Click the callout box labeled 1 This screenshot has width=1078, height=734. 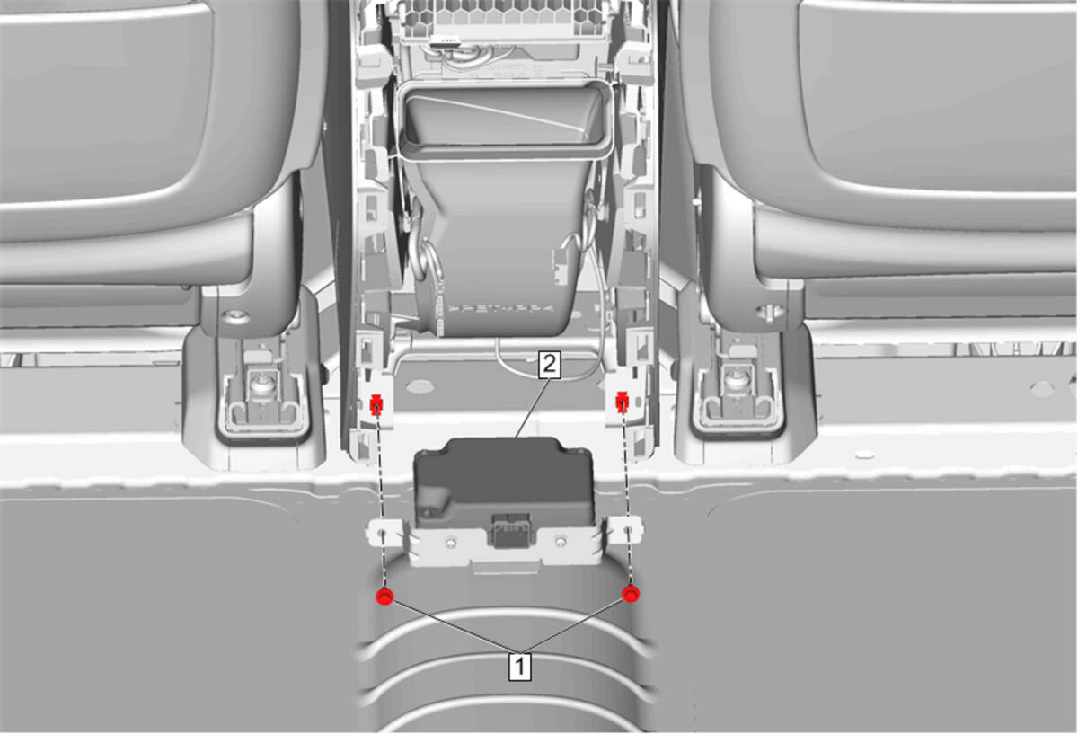point(520,667)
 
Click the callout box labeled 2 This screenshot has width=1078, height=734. point(550,365)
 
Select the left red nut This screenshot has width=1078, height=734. point(384,597)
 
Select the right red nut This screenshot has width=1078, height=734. point(631,594)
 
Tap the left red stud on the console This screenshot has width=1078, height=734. point(376,405)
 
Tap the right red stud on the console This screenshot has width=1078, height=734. point(623,402)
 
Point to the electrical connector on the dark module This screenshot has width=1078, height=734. point(510,530)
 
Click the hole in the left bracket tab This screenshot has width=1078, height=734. point(382,534)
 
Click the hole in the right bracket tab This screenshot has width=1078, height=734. point(628,530)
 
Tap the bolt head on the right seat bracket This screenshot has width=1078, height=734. point(771,311)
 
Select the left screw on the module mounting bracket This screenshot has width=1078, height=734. point(450,543)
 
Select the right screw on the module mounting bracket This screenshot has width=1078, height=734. point(561,542)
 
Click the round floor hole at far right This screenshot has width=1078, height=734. point(1041,388)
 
